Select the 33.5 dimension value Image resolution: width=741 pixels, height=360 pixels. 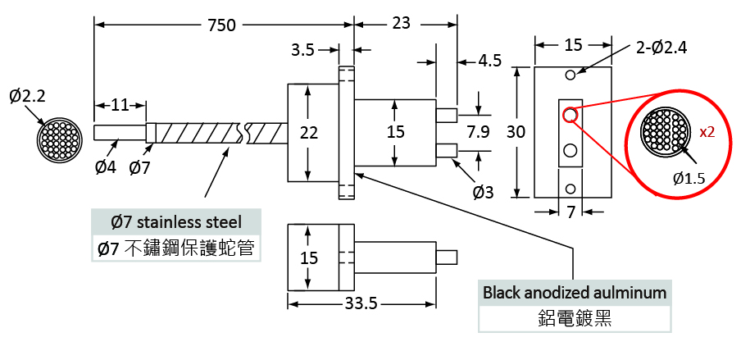pyautogui.click(x=361, y=304)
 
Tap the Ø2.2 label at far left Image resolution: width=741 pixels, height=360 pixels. pyautogui.click(x=28, y=97)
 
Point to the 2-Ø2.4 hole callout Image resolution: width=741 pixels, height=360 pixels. pyautogui.click(x=661, y=47)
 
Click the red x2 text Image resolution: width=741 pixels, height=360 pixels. pyautogui.click(x=707, y=132)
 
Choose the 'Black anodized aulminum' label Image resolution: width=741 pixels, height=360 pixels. pyautogui.click(x=575, y=292)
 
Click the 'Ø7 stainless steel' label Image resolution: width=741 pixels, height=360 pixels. pyautogui.click(x=176, y=221)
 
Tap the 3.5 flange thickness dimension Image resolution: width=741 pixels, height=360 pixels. pyautogui.click(x=303, y=50)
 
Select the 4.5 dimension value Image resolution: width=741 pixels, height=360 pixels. pyautogui.click(x=490, y=61)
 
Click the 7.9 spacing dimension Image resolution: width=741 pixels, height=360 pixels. pyautogui.click(x=478, y=132)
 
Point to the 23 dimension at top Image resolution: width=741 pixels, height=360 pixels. pyautogui.click(x=402, y=24)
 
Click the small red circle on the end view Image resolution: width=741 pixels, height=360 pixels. pyautogui.click(x=570, y=115)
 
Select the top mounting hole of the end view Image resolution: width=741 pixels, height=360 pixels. pyautogui.click(x=571, y=75)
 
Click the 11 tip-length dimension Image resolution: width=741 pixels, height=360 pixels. pyautogui.click(x=120, y=105)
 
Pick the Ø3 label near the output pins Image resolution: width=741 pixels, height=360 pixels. pyautogui.click(x=483, y=193)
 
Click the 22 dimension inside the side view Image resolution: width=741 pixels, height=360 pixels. pyautogui.click(x=308, y=132)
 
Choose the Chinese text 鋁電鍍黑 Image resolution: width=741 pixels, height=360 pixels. pyautogui.click(x=575, y=317)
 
